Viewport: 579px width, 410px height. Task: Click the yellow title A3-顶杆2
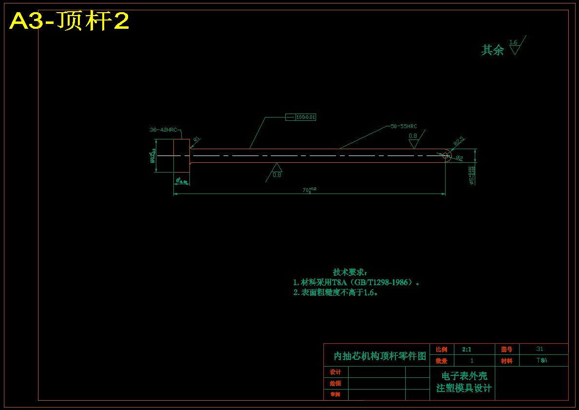69,21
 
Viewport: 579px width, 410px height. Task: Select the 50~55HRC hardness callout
404,126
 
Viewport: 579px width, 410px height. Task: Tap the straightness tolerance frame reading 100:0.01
300,117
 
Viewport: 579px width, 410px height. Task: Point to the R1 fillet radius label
196,139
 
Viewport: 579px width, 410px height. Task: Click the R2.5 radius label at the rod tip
459,140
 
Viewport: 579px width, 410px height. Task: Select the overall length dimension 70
309,190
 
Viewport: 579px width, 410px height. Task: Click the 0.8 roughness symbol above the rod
413,139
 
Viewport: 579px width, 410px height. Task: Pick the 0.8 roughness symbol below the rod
277,171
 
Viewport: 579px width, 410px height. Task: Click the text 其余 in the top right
492,50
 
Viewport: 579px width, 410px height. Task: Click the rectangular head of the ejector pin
182,156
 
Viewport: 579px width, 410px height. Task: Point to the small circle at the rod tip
446,156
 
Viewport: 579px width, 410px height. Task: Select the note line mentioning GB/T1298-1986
356,282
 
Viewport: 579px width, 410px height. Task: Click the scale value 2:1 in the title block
467,350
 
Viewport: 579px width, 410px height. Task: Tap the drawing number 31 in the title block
540,349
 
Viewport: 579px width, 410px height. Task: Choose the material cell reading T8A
542,361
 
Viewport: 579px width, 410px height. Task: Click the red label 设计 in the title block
336,372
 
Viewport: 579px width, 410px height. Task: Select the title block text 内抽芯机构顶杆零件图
379,356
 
